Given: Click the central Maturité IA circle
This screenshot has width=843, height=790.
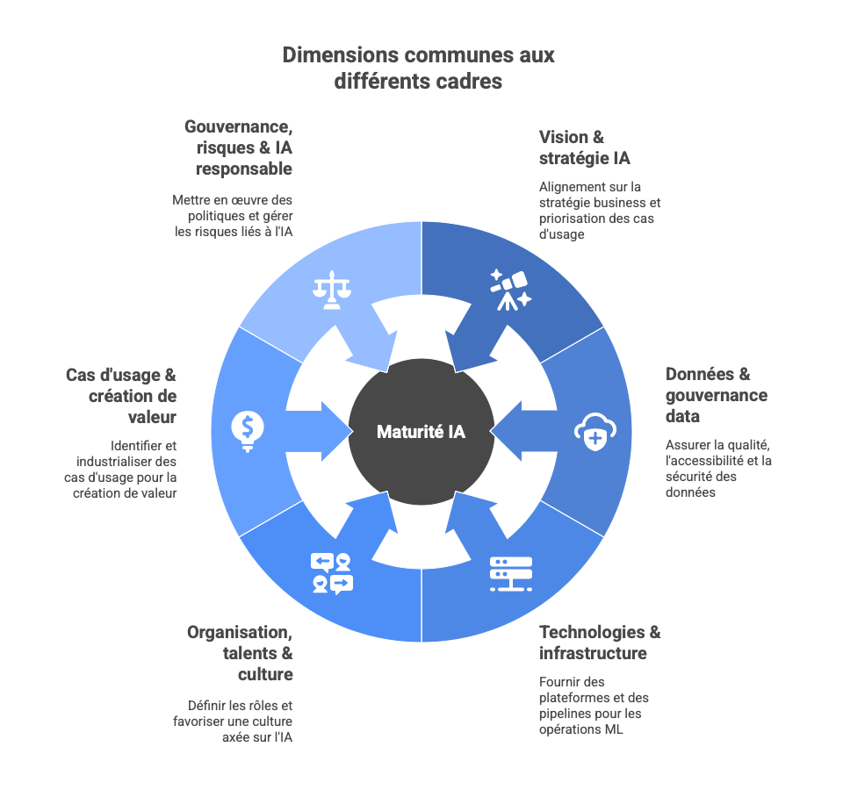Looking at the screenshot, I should [421, 432].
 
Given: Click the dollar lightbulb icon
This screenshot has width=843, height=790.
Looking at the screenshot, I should [248, 431].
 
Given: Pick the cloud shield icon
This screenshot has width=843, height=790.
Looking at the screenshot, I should [595, 431].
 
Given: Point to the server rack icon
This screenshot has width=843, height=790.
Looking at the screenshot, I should [511, 573].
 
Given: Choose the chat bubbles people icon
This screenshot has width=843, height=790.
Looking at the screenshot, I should [331, 572].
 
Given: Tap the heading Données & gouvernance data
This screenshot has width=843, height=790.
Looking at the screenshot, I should [716, 395].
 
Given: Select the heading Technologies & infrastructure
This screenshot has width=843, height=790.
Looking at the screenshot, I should [600, 643].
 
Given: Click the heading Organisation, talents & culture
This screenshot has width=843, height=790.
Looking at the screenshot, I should [240, 653].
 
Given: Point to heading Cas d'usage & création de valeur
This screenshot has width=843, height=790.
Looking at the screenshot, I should [121, 396].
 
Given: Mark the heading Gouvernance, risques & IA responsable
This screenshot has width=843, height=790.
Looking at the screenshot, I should [238, 147].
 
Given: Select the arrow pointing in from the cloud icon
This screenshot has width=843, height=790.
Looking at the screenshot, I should [524, 431].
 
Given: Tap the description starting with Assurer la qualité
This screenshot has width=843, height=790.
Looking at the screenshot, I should [718, 469].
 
